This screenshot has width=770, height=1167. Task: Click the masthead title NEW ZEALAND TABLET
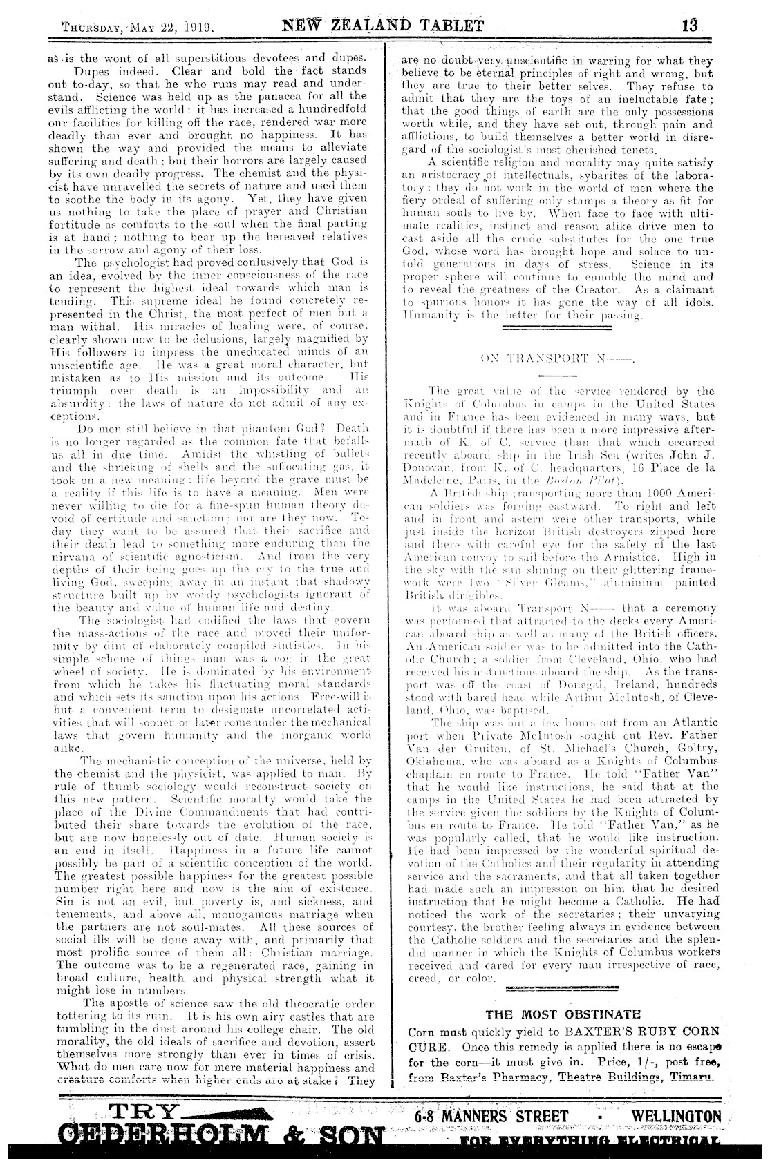tap(382, 28)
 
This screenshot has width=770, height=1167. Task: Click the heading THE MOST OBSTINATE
tap(563, 1014)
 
